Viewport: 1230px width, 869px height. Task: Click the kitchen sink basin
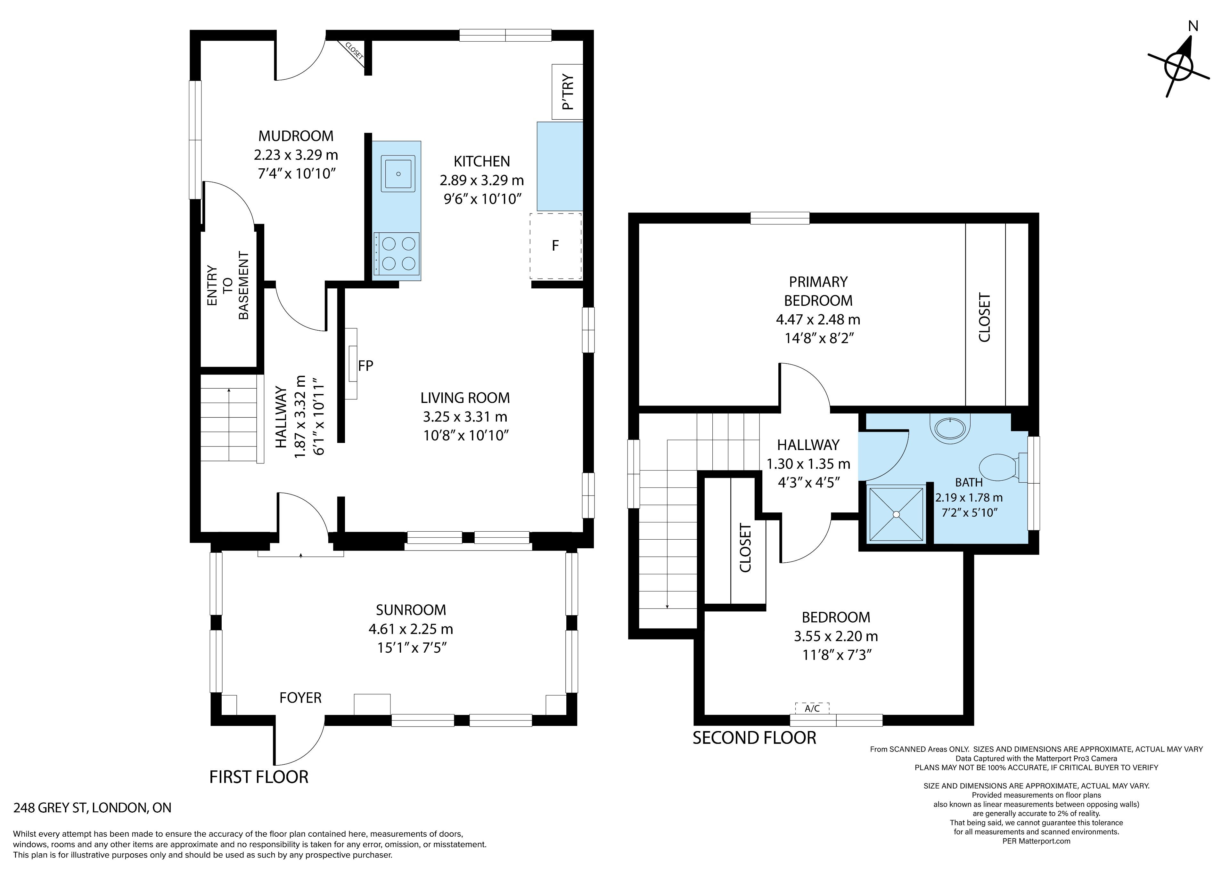398,173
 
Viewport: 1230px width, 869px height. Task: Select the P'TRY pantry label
568,92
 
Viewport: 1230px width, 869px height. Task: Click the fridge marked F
555,246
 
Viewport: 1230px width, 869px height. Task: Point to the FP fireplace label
365,366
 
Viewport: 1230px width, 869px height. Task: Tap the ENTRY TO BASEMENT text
228,286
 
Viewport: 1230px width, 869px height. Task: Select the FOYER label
300,698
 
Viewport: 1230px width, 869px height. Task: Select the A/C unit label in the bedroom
812,708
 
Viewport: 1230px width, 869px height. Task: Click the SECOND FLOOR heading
754,738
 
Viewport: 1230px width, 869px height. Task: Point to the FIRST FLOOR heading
259,777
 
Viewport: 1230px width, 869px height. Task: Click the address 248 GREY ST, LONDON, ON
92,808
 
